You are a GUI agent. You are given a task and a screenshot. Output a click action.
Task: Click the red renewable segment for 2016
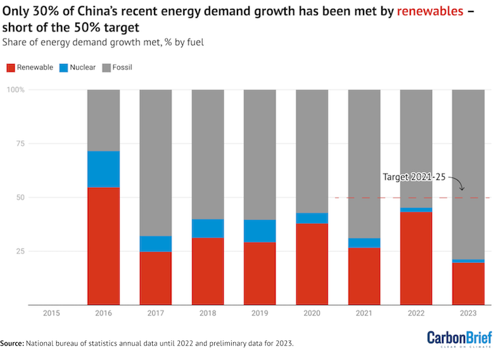click(x=103, y=246)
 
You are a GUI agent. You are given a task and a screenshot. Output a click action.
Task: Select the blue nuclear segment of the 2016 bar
click(x=103, y=169)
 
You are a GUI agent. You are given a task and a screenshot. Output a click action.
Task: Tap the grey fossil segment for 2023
click(x=468, y=174)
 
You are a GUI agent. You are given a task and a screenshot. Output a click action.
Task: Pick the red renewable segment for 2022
click(x=416, y=258)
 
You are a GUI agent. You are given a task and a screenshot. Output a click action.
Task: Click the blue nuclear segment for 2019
click(x=260, y=231)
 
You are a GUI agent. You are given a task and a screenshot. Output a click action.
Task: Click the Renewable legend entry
click(x=30, y=67)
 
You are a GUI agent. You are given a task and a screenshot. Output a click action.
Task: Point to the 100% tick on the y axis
click(x=15, y=90)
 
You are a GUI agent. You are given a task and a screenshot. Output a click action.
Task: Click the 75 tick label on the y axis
click(x=20, y=144)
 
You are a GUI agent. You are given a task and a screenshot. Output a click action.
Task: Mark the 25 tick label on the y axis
click(x=20, y=251)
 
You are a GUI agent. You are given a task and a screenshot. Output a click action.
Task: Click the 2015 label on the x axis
click(x=51, y=312)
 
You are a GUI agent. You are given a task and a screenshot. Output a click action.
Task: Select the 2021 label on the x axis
click(x=364, y=312)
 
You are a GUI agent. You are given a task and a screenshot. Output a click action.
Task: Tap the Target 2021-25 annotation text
click(x=415, y=177)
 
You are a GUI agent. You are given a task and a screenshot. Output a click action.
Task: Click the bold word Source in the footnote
click(x=12, y=343)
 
